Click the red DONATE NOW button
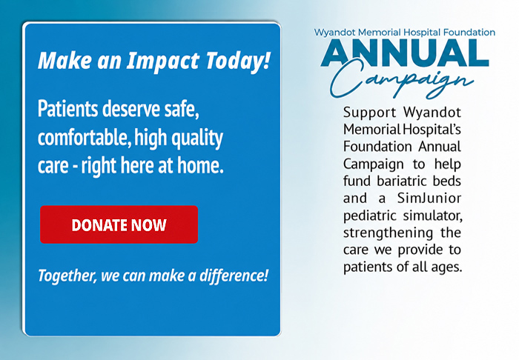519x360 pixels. [119, 224]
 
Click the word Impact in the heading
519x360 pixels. [163, 61]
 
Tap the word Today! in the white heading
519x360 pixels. [238, 61]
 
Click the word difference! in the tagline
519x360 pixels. [234, 276]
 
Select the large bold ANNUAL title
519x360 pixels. [405, 53]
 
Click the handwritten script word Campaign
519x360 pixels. [402, 81]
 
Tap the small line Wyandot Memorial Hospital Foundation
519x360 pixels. [405, 33]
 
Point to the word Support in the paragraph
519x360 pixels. [369, 113]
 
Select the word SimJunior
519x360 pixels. [429, 199]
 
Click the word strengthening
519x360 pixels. [388, 233]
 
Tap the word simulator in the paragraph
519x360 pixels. [432, 216]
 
